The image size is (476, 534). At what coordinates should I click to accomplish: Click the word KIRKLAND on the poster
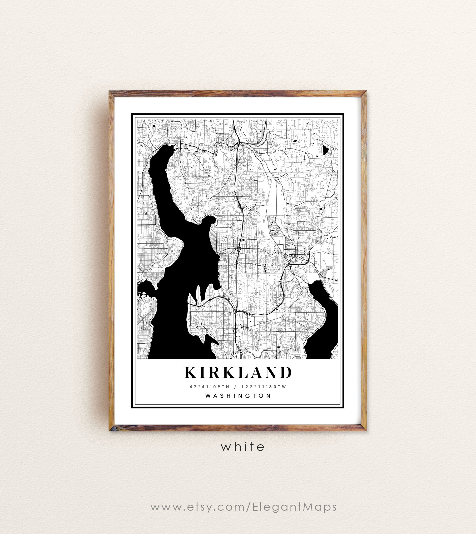tap(238, 373)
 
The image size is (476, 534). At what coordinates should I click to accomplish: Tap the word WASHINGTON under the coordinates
tap(238, 396)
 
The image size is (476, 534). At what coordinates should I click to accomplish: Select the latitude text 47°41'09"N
tap(209, 386)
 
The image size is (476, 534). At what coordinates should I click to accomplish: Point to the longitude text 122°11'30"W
tap(264, 386)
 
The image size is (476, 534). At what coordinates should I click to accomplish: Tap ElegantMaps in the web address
tap(294, 507)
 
